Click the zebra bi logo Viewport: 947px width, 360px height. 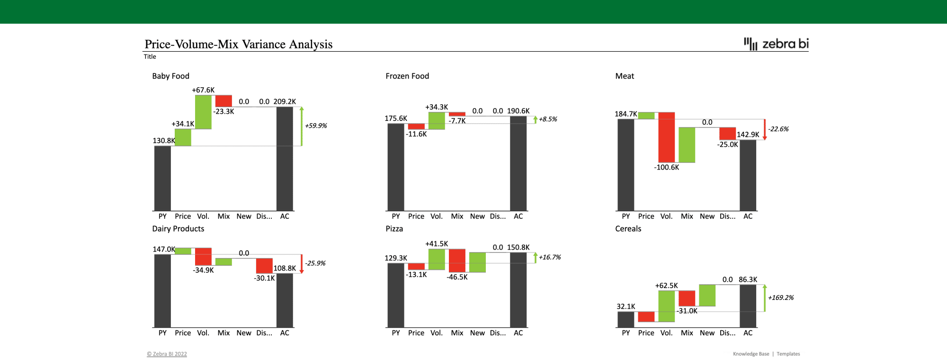[776, 44]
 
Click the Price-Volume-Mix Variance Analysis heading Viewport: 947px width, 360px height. [238, 44]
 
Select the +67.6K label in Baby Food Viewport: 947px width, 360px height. [203, 90]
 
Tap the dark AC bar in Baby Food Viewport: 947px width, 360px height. [285, 159]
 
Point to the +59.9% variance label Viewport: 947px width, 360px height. [316, 126]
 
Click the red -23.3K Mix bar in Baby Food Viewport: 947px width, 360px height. [223, 101]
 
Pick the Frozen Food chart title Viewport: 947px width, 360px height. [407, 76]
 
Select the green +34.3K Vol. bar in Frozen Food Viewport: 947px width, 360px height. [437, 120]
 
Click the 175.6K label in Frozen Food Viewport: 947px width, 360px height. [396, 118]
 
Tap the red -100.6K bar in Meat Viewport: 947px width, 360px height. [666, 137]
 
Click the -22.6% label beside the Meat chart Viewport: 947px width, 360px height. [778, 129]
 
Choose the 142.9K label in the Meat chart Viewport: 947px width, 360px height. [748, 135]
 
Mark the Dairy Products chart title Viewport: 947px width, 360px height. [178, 229]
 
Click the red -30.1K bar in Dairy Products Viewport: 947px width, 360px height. [264, 266]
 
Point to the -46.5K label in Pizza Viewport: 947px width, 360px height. [457, 277]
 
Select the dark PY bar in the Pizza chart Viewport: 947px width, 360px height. [396, 295]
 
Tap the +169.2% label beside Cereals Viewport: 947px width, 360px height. [781, 297]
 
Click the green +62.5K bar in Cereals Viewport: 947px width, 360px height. [666, 306]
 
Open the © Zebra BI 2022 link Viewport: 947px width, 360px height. [167, 354]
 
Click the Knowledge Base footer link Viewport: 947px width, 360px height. [751, 354]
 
